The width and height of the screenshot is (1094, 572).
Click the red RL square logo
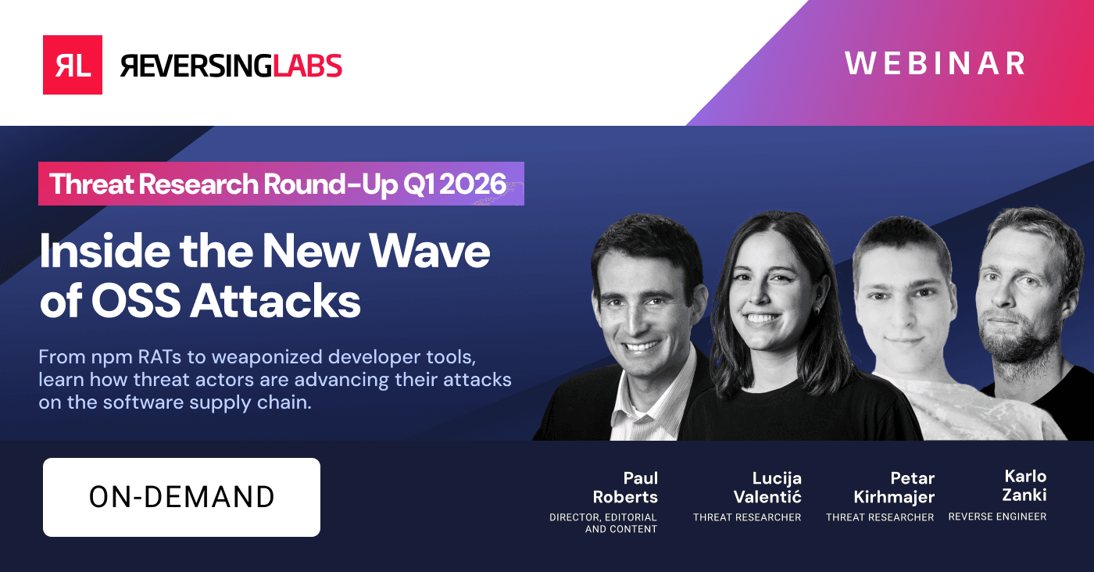point(73,65)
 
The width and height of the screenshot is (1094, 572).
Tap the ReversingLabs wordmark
point(231,66)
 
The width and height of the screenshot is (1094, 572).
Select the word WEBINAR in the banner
point(935,64)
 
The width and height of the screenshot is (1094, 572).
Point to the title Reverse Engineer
point(997,517)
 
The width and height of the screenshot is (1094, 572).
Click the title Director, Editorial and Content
point(603,523)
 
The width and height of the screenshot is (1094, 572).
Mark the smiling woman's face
point(763,293)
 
